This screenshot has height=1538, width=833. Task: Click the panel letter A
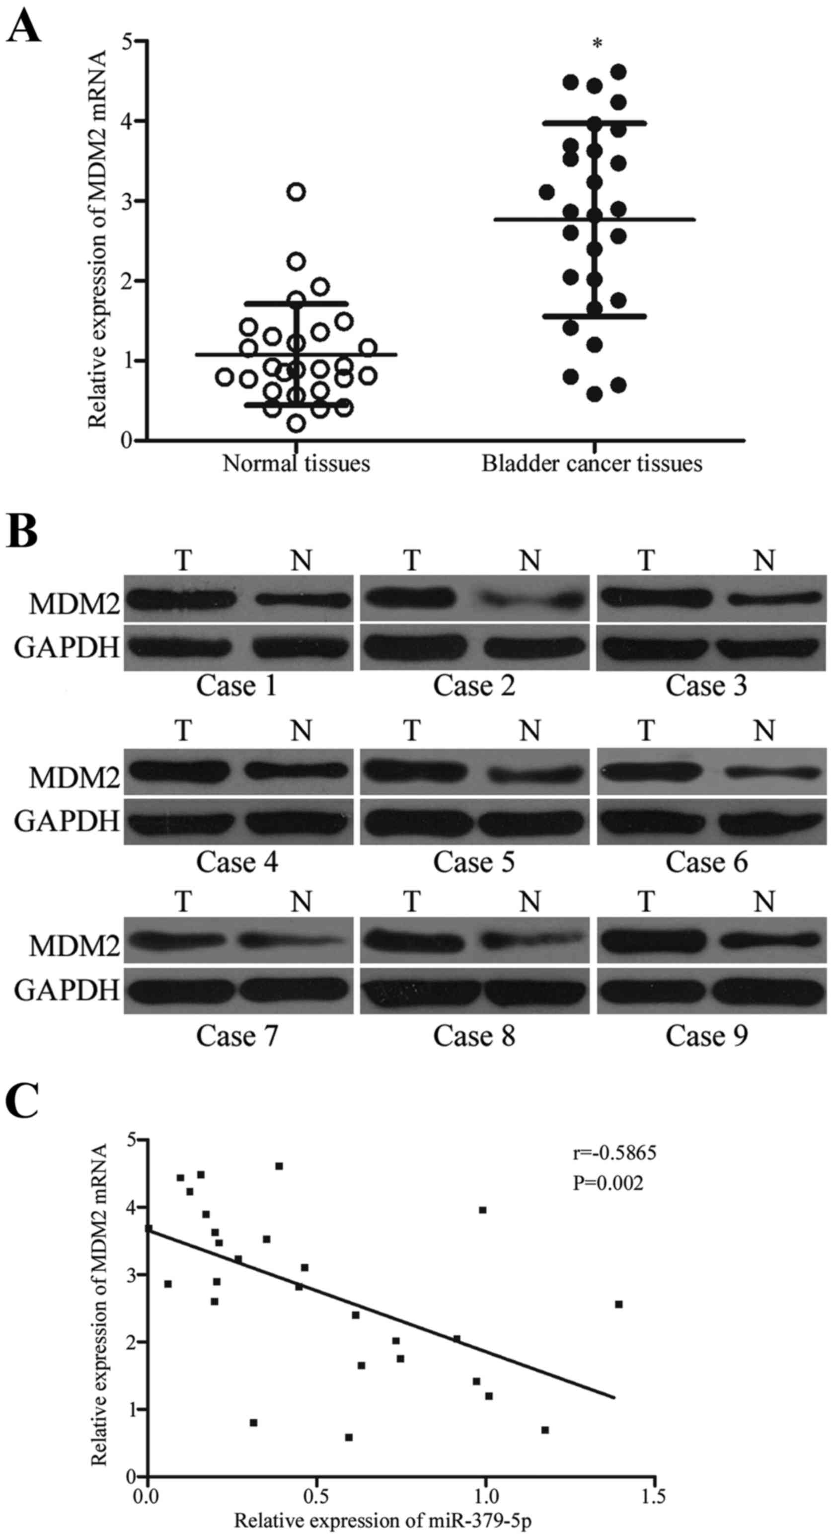pyautogui.click(x=24, y=27)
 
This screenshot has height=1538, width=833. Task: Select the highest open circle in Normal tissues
pyautogui.click(x=296, y=192)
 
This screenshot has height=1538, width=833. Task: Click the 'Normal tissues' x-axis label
pyautogui.click(x=296, y=463)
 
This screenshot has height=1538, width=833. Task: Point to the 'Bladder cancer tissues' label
pyautogui.click(x=592, y=463)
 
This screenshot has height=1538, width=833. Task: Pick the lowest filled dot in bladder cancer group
pyautogui.click(x=594, y=394)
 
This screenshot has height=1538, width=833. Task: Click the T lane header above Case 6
pyautogui.click(x=646, y=730)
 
